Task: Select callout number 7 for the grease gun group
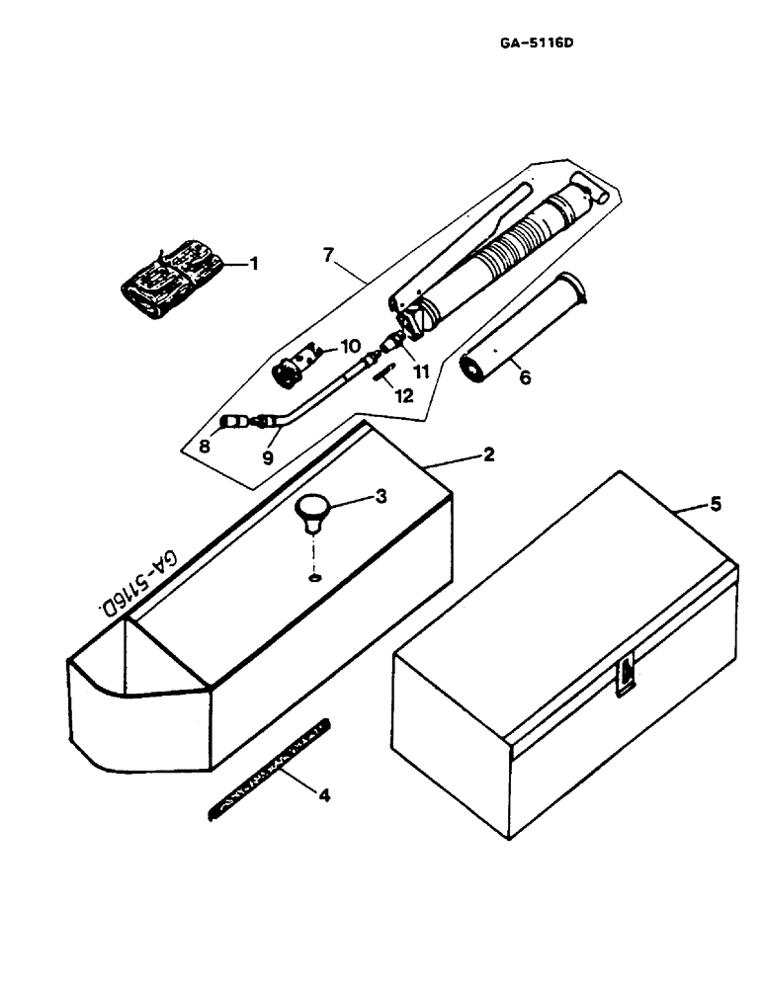(x=330, y=256)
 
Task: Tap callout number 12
(x=401, y=395)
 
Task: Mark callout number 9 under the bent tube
(x=266, y=457)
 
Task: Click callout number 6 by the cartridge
(x=524, y=376)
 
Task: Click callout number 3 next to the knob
(x=381, y=497)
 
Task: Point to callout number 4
(x=320, y=791)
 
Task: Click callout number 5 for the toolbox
(x=716, y=504)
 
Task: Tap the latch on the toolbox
(x=626, y=676)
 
